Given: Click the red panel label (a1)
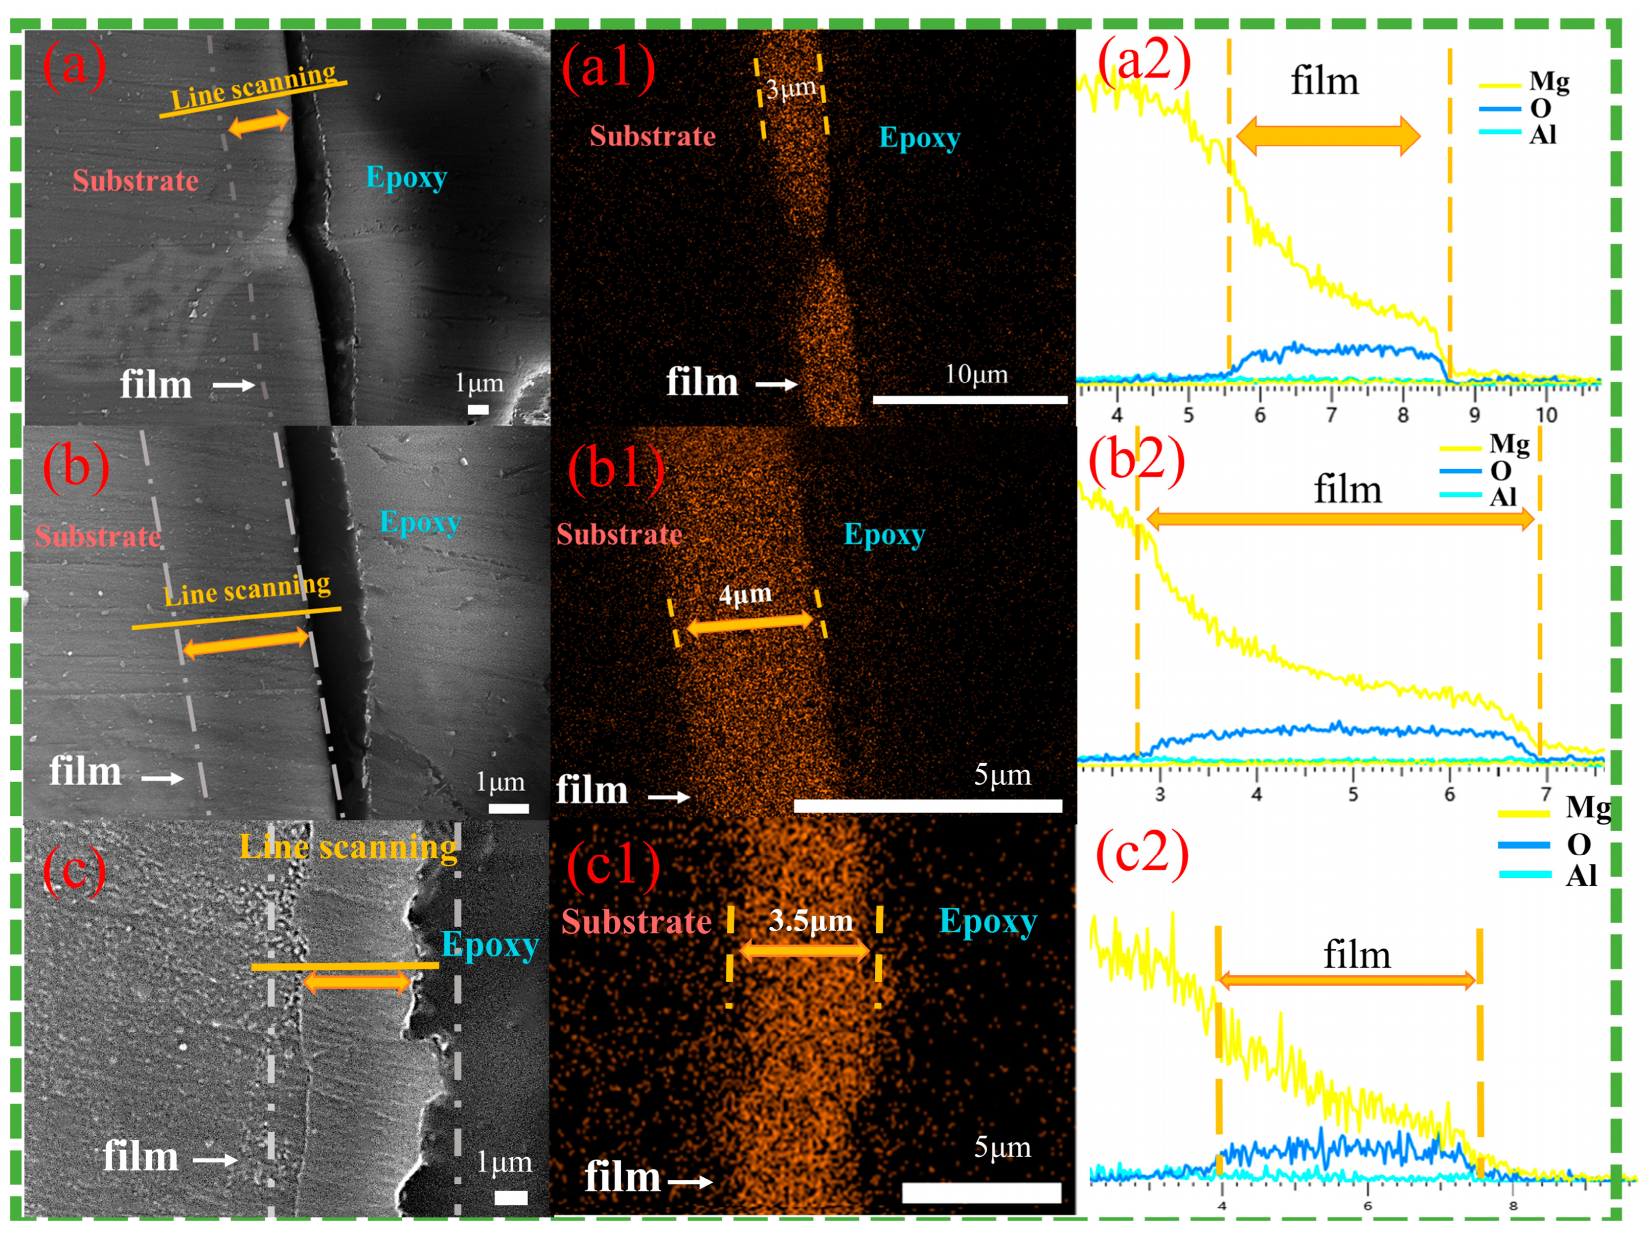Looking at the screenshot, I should pos(608,68).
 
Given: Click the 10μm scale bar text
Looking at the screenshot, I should pos(976,374).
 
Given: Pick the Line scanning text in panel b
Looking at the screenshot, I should pos(247,590).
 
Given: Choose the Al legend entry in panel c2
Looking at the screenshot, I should pos(1581,876).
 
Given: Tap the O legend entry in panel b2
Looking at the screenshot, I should pos(1500,471).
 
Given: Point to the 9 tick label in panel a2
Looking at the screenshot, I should pos(1474,415).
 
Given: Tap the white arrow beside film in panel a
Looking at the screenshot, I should pos(234,385).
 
